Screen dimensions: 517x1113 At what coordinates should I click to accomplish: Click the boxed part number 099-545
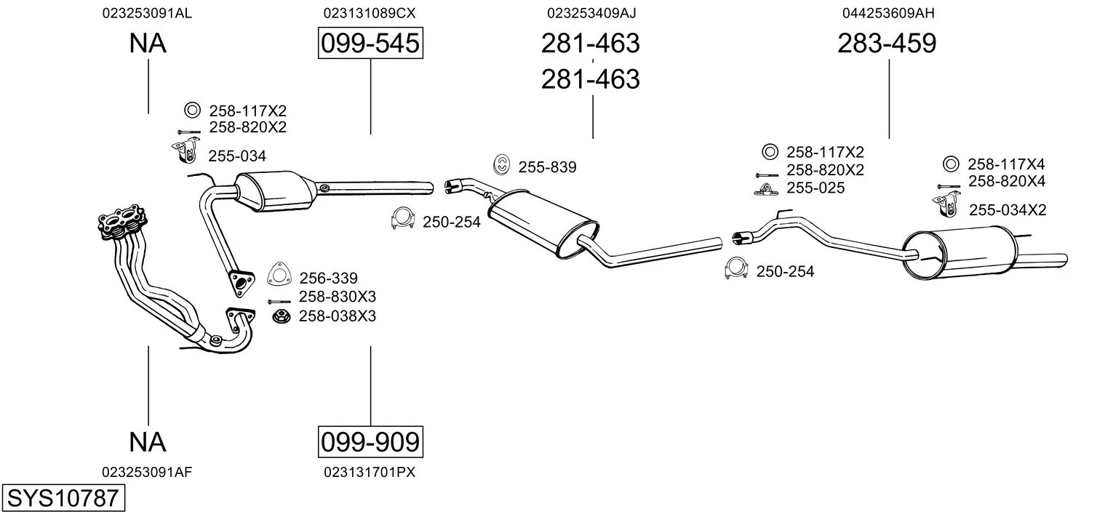[x=370, y=44]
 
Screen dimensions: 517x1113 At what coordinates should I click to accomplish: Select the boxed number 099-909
[x=370, y=441]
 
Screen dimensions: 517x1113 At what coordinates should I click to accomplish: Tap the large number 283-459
[x=887, y=44]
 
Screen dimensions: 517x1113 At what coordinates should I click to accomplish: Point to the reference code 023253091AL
[x=148, y=13]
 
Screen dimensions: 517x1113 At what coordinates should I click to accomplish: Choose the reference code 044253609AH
[x=888, y=13]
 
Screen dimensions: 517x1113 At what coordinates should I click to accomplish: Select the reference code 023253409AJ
[x=591, y=13]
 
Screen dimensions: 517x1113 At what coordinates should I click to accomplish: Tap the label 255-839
[x=547, y=167]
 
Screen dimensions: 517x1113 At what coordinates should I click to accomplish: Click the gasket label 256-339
[x=329, y=278]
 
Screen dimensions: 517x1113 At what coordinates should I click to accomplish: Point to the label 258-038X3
[x=338, y=316]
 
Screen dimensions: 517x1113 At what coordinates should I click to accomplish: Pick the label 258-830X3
[x=338, y=297]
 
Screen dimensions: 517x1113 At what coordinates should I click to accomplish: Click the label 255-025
[x=815, y=188]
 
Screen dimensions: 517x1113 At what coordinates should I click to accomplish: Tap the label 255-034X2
[x=1008, y=210]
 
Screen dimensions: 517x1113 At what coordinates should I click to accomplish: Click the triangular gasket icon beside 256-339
[x=279, y=274]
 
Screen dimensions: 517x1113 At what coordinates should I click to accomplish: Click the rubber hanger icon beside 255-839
[x=501, y=165]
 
